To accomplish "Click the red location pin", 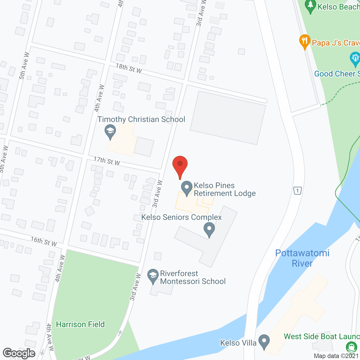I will point(180,166).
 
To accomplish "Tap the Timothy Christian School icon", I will point(110,132).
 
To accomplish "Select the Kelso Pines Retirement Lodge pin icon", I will point(186,188).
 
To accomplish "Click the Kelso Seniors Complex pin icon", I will point(209,229).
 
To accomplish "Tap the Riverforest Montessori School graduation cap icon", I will point(153,276).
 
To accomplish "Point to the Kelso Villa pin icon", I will point(264,341).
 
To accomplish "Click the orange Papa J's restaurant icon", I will point(305,42).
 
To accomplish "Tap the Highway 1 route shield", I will point(298,191).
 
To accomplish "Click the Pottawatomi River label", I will point(302,258).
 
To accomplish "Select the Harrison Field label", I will point(80,324).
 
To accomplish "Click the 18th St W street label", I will point(129,68).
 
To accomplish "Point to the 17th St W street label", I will point(107,161).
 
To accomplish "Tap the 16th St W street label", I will point(44,241).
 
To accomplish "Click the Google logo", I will point(19,353).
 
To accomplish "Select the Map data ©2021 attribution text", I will point(336,356).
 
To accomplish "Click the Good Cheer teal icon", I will point(355,59).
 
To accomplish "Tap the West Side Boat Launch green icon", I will point(351,346).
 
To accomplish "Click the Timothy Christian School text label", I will point(141,119).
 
